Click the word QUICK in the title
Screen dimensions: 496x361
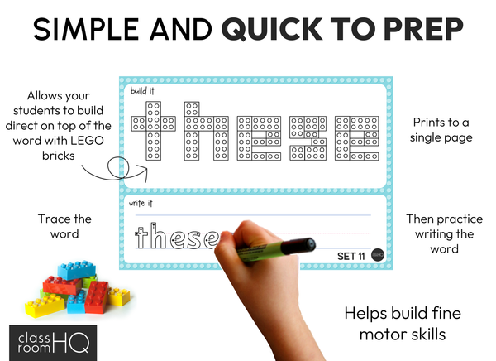click(272, 29)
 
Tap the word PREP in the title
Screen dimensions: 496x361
click(423, 29)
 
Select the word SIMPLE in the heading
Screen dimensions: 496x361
click(86, 29)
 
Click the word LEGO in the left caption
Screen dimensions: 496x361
click(86, 141)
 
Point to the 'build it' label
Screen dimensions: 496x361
click(142, 91)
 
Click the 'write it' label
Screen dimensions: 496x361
click(141, 203)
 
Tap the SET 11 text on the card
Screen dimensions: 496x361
click(351, 256)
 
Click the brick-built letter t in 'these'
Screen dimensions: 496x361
click(154, 131)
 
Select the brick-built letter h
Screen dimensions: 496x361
click(206, 131)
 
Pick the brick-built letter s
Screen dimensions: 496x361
click(308, 138)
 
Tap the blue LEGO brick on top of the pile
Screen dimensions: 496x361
click(77, 270)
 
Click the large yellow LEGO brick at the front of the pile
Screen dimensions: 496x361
click(45, 306)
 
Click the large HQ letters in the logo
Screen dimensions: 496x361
click(71, 342)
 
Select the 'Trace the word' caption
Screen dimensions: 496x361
click(64, 226)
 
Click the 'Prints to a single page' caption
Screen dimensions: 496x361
click(441, 130)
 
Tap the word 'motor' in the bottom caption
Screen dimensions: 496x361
click(381, 335)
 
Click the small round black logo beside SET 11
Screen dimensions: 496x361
click(378, 255)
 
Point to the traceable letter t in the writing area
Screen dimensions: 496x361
click(141, 236)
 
